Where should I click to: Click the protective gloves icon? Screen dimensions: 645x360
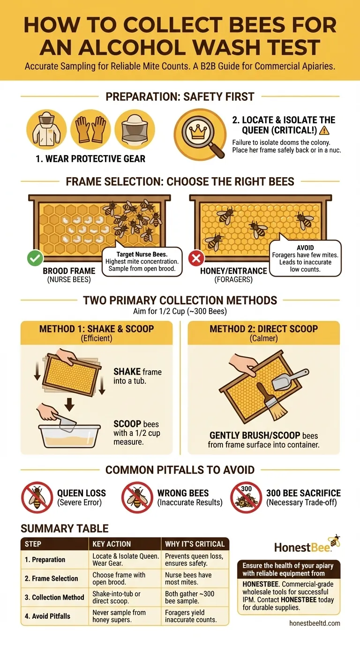pos(90,129)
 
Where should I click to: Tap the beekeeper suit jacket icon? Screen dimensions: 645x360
pos(46,129)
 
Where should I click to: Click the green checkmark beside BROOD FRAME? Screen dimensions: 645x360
pos(35,258)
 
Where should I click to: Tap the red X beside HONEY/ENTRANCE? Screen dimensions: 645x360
pos(195,258)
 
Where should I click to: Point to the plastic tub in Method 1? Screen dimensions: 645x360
pos(70,435)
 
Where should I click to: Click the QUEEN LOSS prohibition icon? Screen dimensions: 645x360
pos(37,497)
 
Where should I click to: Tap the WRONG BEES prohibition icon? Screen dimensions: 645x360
pos(137,497)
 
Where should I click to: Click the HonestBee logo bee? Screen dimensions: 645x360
pos(335,540)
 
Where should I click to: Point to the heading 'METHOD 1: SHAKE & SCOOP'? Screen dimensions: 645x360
pos(96,329)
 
